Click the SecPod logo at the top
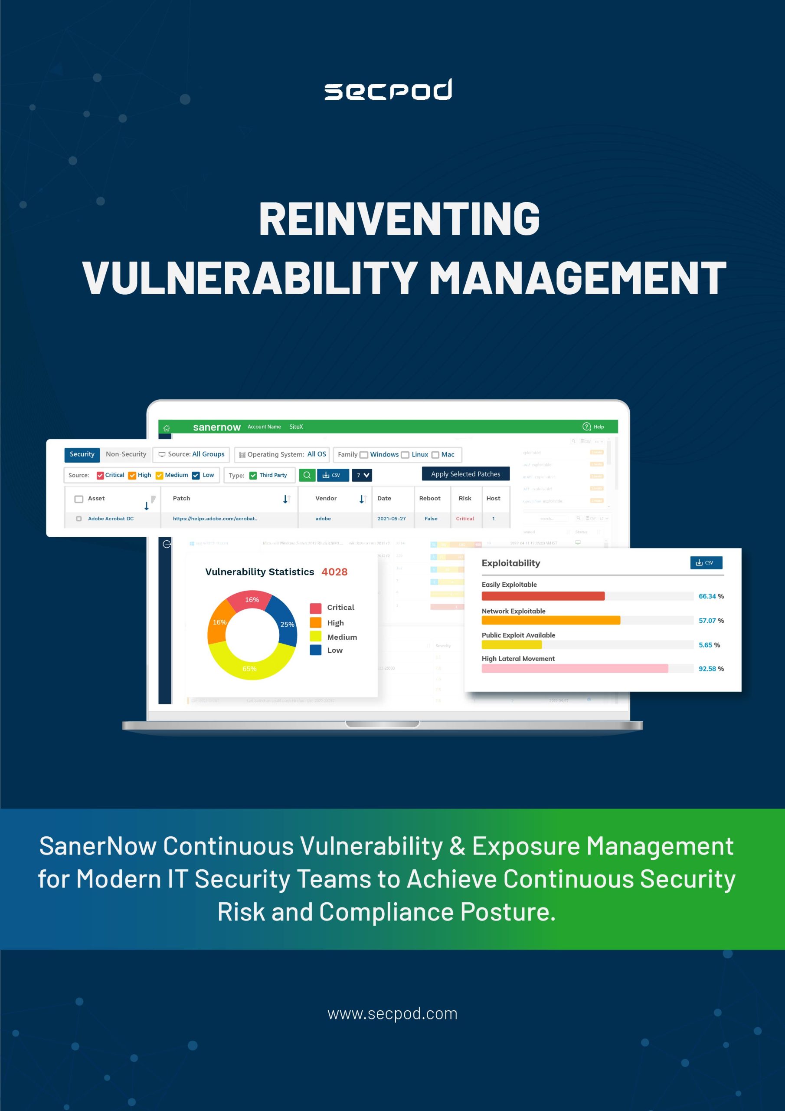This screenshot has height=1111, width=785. click(388, 89)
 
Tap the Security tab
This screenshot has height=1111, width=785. click(82, 454)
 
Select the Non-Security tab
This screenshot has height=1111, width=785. click(126, 454)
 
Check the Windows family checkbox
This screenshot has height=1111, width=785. click(364, 455)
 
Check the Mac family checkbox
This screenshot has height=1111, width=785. click(435, 455)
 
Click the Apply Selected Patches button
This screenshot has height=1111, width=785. click(465, 474)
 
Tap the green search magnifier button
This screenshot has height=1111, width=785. click(307, 475)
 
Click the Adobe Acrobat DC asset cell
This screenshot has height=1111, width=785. click(111, 519)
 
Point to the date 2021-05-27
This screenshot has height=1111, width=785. click(391, 519)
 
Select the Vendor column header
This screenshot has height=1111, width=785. click(326, 498)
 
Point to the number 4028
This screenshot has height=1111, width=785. click(334, 572)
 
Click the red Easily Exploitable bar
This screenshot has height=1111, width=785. click(543, 596)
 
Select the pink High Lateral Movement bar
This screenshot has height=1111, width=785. click(575, 669)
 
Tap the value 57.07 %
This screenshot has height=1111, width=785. click(710, 621)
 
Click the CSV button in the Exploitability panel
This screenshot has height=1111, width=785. click(706, 563)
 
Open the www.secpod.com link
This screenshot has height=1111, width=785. click(392, 1014)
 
